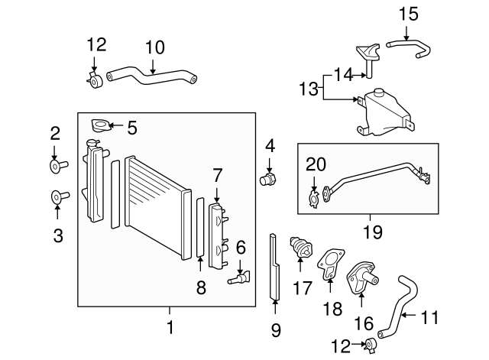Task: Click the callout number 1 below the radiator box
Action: [x=170, y=329]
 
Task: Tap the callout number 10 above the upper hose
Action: [x=154, y=47]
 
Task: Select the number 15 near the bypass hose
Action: [x=409, y=13]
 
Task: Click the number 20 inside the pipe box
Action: [x=316, y=164]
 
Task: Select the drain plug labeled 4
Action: [x=268, y=180]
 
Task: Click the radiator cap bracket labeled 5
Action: [x=99, y=126]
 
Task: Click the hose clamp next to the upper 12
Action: [x=96, y=80]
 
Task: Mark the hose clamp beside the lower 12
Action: [x=369, y=345]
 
